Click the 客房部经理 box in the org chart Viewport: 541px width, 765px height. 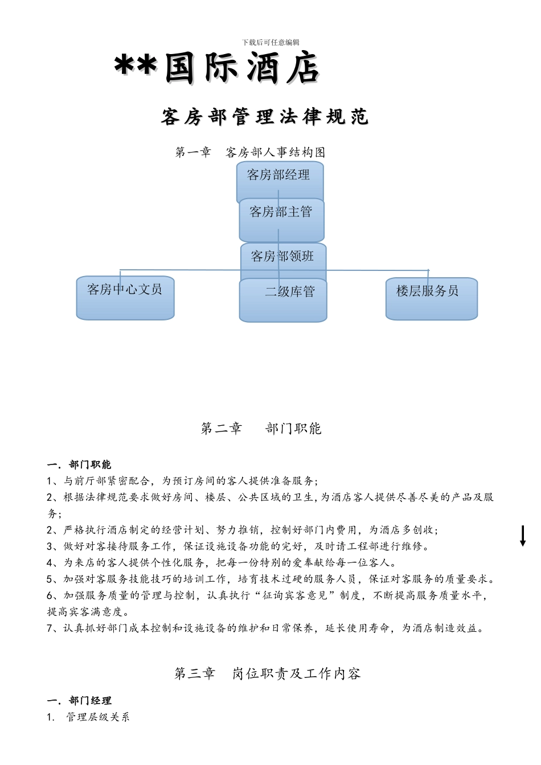point(279,176)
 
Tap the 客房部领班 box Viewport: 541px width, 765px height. point(283,257)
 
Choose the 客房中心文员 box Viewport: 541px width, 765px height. point(125,298)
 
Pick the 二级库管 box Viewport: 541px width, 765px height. point(283,299)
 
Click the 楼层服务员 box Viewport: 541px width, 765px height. point(431,298)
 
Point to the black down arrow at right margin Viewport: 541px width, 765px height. point(523,536)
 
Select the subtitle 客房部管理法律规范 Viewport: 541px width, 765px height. point(265,117)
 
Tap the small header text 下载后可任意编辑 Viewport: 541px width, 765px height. point(270,42)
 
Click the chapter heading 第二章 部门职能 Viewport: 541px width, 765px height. point(261,429)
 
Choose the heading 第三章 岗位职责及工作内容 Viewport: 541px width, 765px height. point(267,674)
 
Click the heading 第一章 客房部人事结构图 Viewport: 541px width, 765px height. point(250,153)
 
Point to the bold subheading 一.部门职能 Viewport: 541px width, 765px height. point(79,464)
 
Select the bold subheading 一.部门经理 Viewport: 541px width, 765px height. point(79,701)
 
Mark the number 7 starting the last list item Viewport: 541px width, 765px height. point(50,628)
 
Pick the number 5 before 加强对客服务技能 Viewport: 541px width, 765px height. point(50,579)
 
